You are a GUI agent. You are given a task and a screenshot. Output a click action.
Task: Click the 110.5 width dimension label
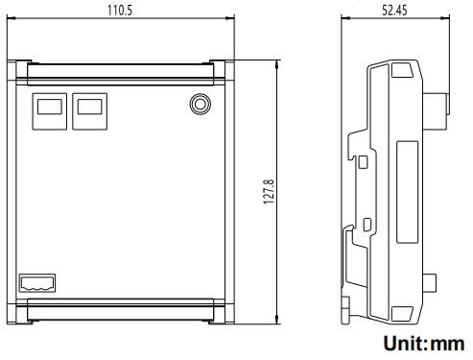click(x=120, y=10)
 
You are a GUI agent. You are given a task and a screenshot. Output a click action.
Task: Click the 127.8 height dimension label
click(x=269, y=192)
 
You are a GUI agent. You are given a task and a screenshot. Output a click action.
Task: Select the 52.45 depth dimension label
click(x=394, y=11)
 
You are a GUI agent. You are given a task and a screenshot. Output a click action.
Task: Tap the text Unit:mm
click(x=424, y=343)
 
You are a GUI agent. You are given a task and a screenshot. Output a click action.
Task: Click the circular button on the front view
click(x=201, y=104)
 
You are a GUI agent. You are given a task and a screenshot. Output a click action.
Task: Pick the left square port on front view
click(x=50, y=111)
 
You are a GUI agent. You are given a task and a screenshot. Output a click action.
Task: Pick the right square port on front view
click(x=90, y=111)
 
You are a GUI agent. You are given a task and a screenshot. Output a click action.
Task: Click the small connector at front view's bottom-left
click(x=37, y=283)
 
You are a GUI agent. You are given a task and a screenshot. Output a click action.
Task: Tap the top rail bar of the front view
click(x=121, y=74)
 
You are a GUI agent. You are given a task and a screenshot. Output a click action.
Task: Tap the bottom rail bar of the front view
click(x=121, y=309)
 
